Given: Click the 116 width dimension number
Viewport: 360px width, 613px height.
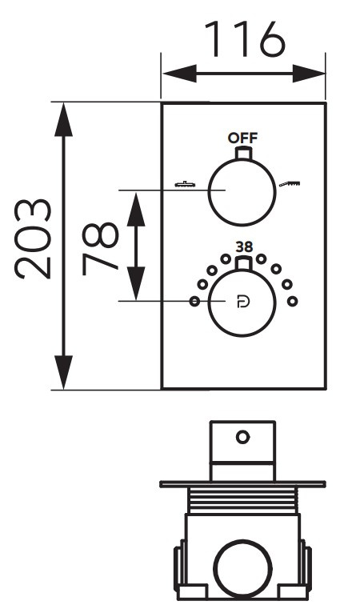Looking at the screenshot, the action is tap(245, 39).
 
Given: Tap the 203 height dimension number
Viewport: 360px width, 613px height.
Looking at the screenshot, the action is tap(33, 238).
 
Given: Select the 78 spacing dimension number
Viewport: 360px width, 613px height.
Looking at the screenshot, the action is tap(101, 249).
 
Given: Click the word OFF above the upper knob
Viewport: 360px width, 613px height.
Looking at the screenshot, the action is tap(242, 138).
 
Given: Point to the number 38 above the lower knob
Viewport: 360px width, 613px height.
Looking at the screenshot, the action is tap(244, 247).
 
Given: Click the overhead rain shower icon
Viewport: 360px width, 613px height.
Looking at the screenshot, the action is tap(186, 183).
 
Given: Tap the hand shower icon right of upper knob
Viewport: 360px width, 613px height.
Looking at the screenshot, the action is tap(290, 183).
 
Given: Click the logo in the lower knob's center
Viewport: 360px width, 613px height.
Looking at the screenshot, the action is tap(243, 302).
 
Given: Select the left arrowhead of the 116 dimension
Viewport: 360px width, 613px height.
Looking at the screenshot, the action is tap(179, 74).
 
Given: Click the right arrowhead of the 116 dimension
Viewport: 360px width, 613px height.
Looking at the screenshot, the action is tap(309, 74).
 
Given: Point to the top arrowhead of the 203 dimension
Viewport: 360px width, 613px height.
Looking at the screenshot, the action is tap(64, 120).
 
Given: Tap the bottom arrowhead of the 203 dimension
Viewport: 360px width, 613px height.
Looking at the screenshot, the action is tap(64, 372).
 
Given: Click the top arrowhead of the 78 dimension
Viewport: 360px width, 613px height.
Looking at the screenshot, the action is tap(136, 210).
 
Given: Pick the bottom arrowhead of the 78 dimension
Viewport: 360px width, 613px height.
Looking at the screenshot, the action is tap(136, 283).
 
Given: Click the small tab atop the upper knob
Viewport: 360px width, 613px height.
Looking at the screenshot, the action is tap(242, 153).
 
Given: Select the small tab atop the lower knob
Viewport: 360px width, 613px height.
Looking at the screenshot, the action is tap(242, 263).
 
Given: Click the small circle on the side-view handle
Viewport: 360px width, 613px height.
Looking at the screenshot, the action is tap(242, 437).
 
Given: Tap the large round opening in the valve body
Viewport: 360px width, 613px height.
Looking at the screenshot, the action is tap(242, 569).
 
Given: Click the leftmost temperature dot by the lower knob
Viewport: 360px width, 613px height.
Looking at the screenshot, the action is tap(194, 302).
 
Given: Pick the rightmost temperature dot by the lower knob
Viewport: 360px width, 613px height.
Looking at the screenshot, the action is tap(292, 302).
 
